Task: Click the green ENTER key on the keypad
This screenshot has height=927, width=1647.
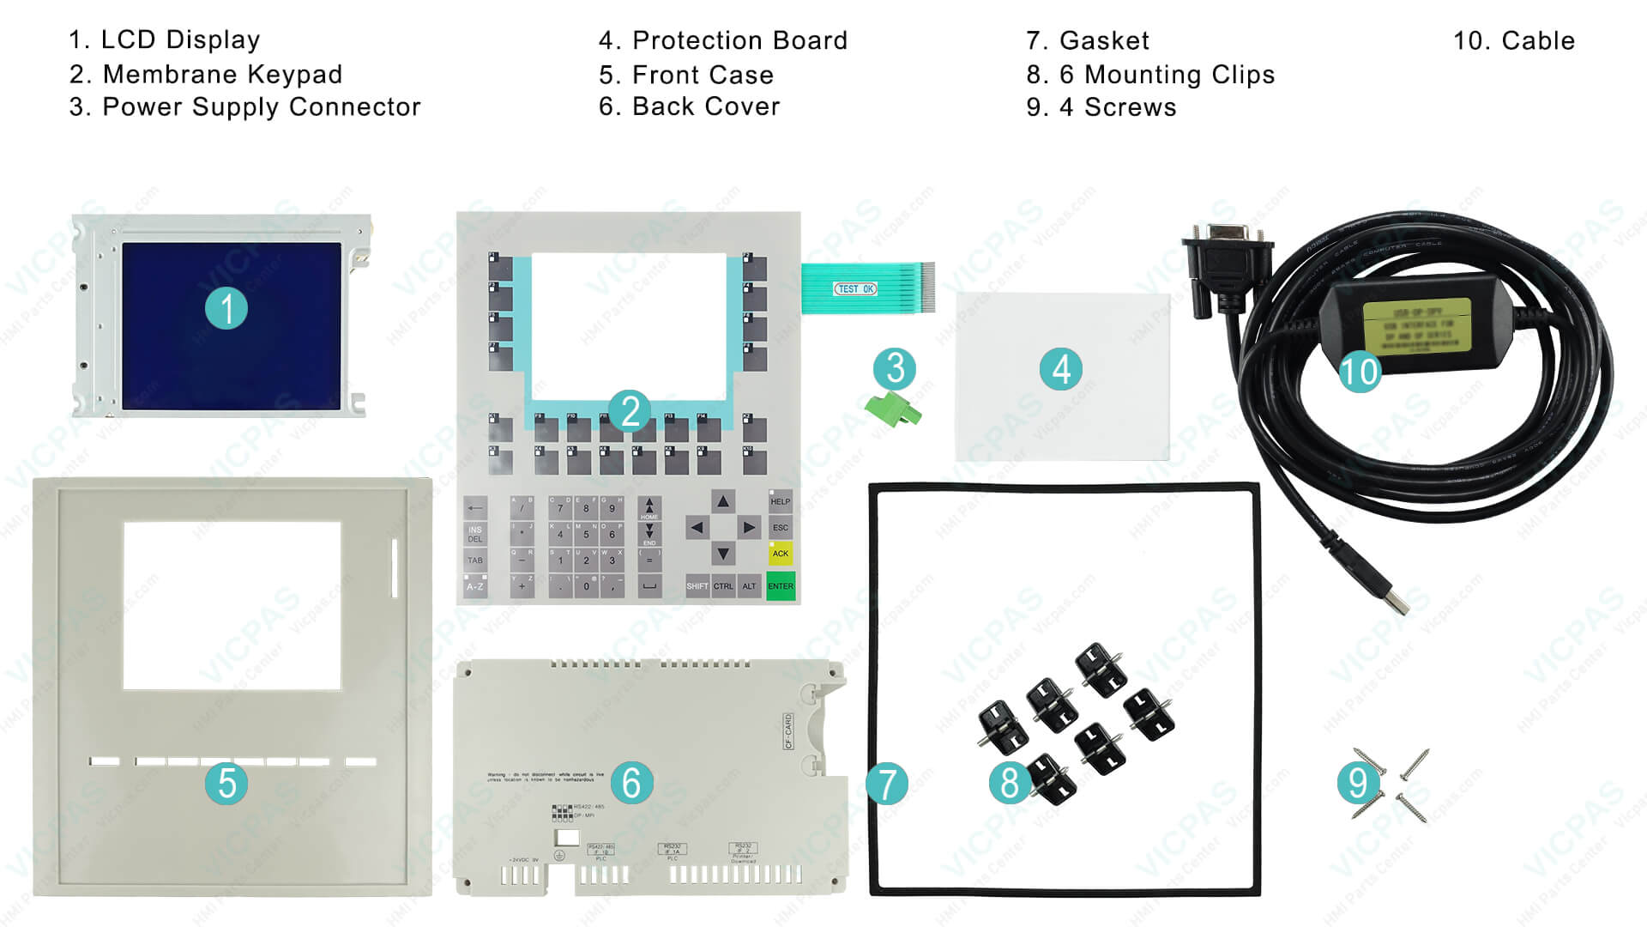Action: click(781, 586)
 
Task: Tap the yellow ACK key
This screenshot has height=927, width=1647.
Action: click(780, 554)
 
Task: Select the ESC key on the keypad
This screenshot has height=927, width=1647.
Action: click(780, 528)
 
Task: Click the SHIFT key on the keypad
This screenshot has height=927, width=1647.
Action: click(697, 586)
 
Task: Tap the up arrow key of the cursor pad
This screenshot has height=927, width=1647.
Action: click(723, 501)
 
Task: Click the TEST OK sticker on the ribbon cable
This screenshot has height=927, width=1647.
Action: click(855, 289)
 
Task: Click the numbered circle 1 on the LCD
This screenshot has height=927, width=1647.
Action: click(226, 308)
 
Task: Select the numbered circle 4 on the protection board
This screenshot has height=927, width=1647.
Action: click(1061, 370)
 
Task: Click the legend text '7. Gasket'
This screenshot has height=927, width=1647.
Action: click(1087, 40)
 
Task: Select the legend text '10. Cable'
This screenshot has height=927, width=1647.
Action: click(1513, 40)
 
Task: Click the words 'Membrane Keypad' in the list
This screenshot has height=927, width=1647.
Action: click(222, 75)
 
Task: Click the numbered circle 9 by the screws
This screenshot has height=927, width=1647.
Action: click(1358, 782)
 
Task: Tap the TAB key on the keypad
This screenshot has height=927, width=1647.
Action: click(475, 560)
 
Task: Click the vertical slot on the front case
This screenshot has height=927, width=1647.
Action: click(395, 567)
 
